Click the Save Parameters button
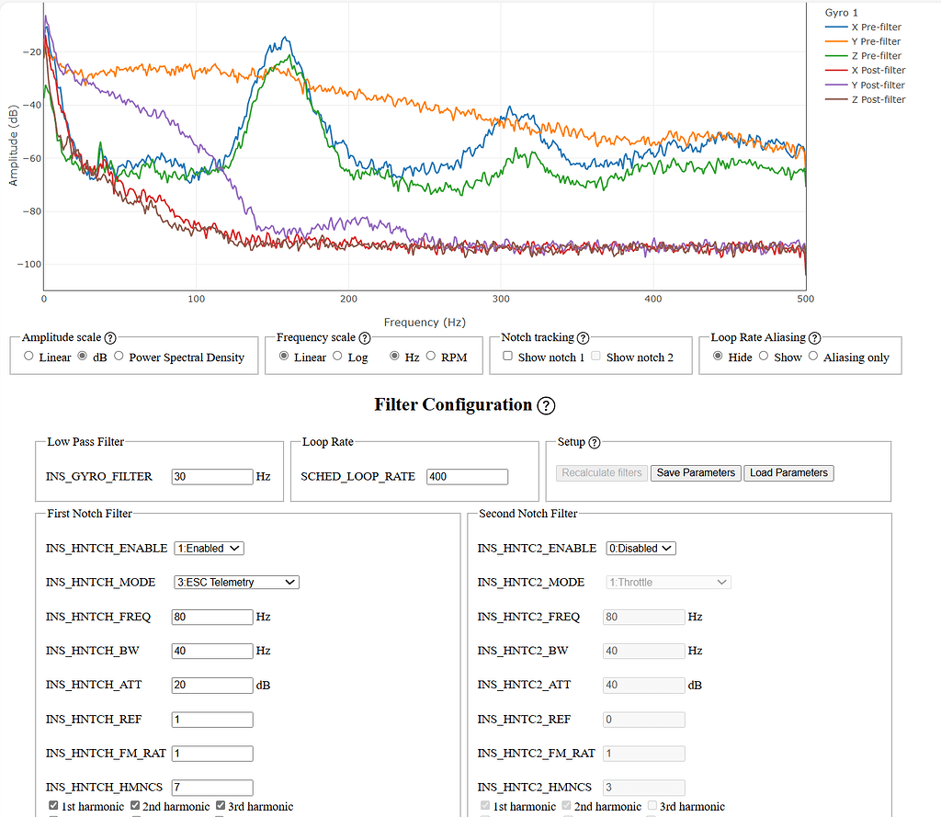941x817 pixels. coord(696,472)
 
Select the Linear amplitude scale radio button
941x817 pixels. coord(28,357)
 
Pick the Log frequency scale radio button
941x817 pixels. coord(337,357)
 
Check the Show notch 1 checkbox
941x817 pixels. coord(507,357)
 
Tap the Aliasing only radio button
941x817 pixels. coord(813,357)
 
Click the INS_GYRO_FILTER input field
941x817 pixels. coord(211,477)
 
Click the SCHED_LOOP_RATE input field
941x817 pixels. coord(467,477)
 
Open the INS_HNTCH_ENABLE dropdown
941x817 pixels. coord(209,548)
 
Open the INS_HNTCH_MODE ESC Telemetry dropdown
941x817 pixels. coord(236,582)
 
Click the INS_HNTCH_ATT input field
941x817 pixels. coord(211,685)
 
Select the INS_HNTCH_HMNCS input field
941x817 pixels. coord(211,788)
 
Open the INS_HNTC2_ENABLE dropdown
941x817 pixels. coord(641,548)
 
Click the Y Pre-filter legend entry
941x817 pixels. coord(876,41)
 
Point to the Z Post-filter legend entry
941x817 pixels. coord(878,99)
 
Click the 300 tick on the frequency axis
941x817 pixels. coord(501,300)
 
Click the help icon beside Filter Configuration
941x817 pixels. coord(546,405)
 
